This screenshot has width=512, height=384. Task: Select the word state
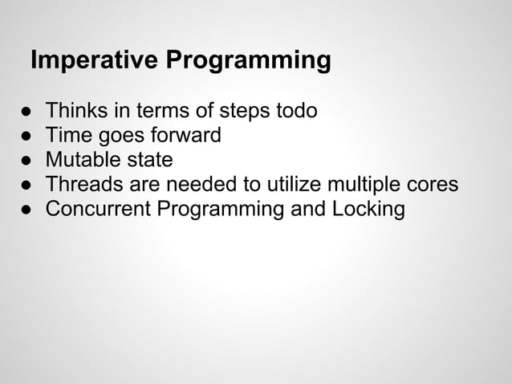tap(148, 160)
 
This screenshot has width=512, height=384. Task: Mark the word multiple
tap(360, 185)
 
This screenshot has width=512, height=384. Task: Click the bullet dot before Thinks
tap(26, 111)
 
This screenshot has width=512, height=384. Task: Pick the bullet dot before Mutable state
tap(26, 161)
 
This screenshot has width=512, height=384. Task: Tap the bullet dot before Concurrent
tap(26, 210)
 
